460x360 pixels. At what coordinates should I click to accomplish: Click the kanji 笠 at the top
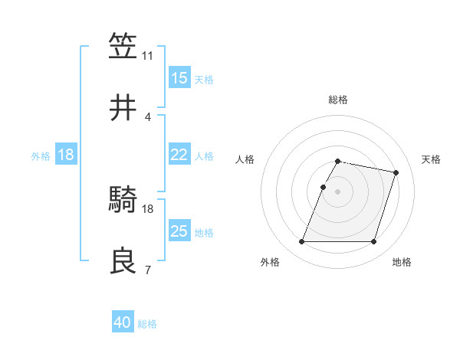pos(123,46)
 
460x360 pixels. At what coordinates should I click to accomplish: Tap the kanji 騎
pos(123,200)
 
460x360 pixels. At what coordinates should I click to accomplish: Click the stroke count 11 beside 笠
pos(147,56)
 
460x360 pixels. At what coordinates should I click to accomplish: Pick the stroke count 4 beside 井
pos(147,117)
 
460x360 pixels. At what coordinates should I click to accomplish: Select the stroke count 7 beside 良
pos(147,270)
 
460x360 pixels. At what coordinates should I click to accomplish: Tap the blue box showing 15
pos(179,78)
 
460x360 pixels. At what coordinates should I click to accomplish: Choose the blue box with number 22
pos(179,155)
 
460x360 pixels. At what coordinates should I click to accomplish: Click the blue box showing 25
pos(179,232)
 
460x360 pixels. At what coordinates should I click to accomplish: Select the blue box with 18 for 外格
pos(66,155)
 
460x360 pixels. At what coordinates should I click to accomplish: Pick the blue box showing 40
pos(123,323)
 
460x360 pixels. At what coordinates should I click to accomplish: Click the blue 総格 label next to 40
pos(147,324)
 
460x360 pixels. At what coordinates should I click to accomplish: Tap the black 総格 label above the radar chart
pos(337,100)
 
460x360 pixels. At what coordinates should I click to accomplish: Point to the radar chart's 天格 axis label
pos(432,159)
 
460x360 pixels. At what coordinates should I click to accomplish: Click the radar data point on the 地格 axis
pos(373,242)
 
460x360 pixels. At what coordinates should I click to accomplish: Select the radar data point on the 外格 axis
pos(302,242)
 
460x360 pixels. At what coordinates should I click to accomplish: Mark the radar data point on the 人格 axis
pos(323,187)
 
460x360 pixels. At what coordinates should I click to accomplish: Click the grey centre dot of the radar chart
pos(337,191)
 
